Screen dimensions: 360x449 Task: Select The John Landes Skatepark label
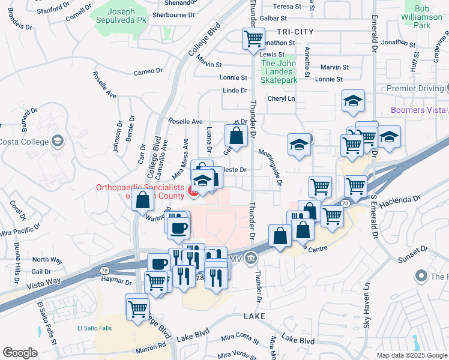(280, 71)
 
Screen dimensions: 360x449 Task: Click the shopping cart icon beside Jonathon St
(253, 39)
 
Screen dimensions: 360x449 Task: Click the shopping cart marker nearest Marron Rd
(137, 307)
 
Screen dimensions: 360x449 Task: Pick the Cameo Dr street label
(148, 71)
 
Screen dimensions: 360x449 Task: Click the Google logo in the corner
(20, 353)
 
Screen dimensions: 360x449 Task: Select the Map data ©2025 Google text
(412, 355)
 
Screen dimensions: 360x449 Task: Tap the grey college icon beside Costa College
(57, 141)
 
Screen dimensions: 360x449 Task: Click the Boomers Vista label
(418, 110)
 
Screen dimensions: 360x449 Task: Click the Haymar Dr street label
(116, 281)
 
